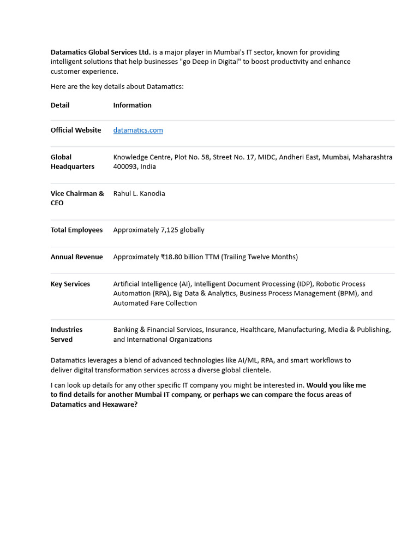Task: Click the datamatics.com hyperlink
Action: (x=138, y=130)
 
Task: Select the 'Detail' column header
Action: (x=60, y=105)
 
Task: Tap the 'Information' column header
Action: (x=132, y=105)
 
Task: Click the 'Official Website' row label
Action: (x=76, y=130)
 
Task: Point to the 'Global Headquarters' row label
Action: (x=72, y=162)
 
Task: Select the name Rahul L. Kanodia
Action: (x=139, y=193)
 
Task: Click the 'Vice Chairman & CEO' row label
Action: (x=77, y=198)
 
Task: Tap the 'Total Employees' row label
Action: (x=76, y=230)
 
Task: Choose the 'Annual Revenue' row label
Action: (x=76, y=257)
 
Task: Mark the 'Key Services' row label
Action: (x=70, y=284)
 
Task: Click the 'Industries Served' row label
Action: (x=67, y=334)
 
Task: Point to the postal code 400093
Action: (x=125, y=166)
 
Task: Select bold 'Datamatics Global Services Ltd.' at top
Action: (x=100, y=52)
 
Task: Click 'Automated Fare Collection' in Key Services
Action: (x=155, y=303)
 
